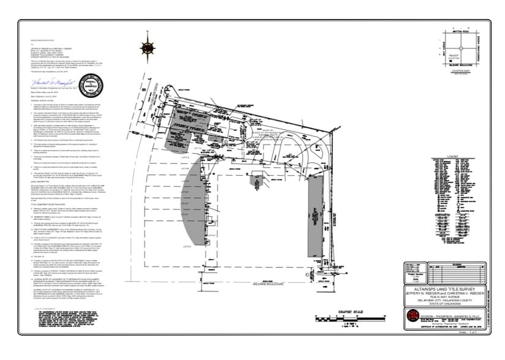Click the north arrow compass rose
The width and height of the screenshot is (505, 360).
pyautogui.click(x=148, y=47)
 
